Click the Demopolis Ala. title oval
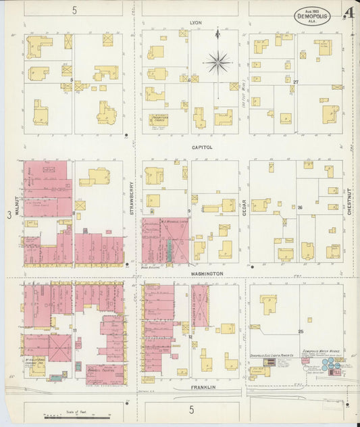pyautogui.click(x=312, y=16)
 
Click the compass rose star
pyautogui.click(x=217, y=63)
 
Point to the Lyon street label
pyautogui.click(x=196, y=22)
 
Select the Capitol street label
pyautogui.click(x=202, y=147)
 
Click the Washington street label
pyautogui.click(x=205, y=273)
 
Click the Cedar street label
pyautogui.click(x=243, y=204)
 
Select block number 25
pyautogui.click(x=301, y=332)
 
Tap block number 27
pyautogui.click(x=295, y=82)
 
